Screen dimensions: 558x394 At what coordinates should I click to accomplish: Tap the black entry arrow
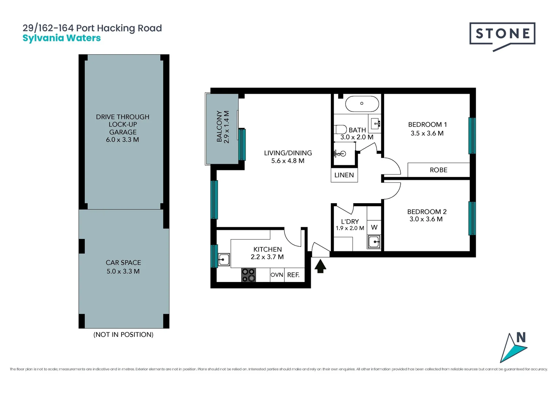tap(320, 266)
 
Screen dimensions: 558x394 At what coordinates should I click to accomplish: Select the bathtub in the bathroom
tap(362, 104)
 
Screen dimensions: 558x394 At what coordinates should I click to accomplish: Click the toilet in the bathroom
tap(340, 130)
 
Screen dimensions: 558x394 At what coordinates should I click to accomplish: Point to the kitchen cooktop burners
tap(249, 275)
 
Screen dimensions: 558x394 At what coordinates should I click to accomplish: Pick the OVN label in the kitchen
tap(277, 275)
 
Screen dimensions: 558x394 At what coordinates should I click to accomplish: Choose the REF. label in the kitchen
tap(293, 275)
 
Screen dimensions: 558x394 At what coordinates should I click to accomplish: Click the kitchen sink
tap(224, 260)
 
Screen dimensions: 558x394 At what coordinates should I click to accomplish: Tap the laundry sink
tap(374, 242)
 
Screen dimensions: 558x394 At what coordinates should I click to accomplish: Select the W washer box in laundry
tap(374, 227)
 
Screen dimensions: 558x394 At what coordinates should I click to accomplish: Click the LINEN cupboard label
tap(344, 175)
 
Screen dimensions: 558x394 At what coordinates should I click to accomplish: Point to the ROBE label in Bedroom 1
tap(439, 170)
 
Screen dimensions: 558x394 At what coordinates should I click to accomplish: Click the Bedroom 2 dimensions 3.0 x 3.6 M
tap(426, 219)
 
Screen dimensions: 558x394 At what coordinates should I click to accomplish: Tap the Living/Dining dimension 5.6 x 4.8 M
tap(288, 161)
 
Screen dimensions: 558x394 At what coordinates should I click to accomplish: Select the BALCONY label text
tap(219, 127)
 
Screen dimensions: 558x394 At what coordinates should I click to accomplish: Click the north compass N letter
tap(521, 337)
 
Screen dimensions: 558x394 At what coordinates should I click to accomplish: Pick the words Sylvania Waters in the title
tap(61, 38)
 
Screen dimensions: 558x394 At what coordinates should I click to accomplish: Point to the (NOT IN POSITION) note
tap(123, 335)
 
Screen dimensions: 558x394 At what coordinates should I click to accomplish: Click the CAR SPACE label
tap(123, 263)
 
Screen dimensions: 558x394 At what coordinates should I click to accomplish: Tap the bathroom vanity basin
tap(375, 124)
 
